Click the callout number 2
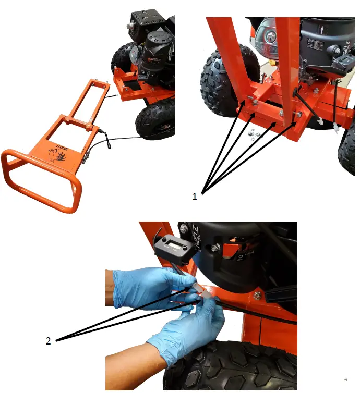click(x=49, y=342)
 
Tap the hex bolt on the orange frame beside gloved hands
click(x=258, y=296)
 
